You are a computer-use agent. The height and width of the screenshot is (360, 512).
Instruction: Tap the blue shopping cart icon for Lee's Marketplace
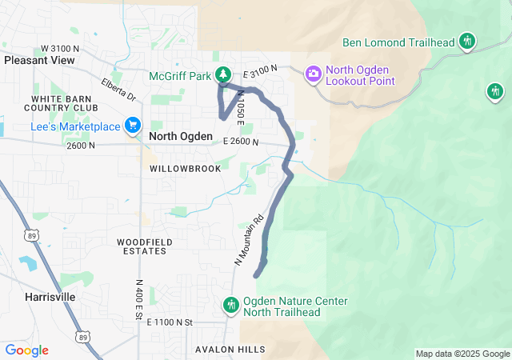point(133,126)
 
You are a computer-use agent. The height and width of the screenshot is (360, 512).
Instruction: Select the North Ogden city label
point(181,137)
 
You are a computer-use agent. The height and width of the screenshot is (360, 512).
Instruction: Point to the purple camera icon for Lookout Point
point(313,73)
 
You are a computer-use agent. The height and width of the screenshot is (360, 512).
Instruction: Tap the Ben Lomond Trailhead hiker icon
point(468,42)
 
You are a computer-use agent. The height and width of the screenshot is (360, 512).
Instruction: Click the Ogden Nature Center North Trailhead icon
point(231,305)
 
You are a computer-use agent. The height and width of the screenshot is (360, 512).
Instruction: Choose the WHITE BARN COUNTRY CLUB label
point(65,103)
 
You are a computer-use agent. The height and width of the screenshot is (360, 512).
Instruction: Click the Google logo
point(27,350)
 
